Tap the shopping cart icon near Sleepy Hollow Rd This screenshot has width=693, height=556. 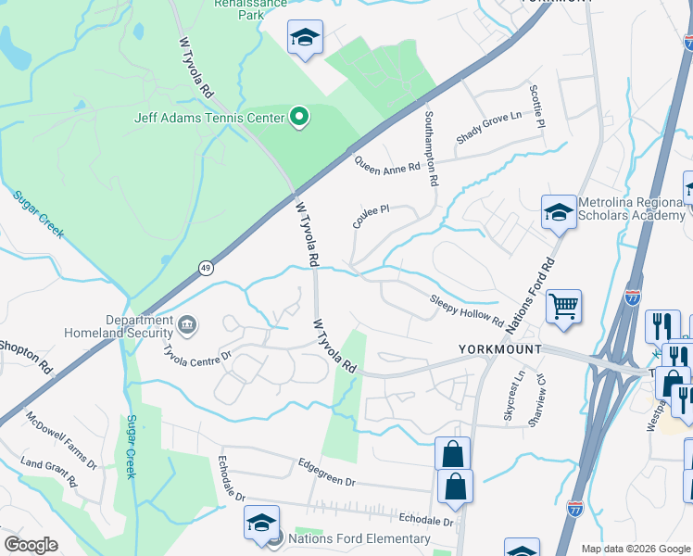pos(563,305)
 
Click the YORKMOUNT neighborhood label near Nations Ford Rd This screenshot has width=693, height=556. pos(499,349)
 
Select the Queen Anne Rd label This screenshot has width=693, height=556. pos(388,164)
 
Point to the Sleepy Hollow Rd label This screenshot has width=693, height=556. pos(466,310)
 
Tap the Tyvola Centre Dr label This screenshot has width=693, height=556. pos(196,356)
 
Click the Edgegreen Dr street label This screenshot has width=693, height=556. pos(327,470)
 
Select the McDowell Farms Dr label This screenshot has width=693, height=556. pos(61,441)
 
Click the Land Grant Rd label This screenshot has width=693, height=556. pos(48,471)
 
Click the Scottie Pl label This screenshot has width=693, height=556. pos(535,107)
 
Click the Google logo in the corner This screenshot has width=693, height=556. pos(31,545)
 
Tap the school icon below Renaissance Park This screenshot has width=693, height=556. pos(305,37)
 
